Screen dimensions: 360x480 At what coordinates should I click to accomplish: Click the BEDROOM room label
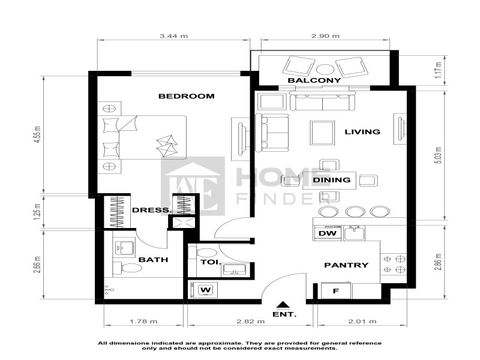pos(186,96)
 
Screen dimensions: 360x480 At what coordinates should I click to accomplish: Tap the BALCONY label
pos(314,80)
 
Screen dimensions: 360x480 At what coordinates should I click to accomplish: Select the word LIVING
pos(362,132)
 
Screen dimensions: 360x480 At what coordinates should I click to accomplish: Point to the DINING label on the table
pos(332,179)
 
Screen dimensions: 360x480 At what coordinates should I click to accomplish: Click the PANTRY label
pos(346,265)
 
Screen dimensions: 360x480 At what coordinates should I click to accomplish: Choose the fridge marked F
pos(335,291)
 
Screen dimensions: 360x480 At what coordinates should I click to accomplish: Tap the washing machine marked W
pos(206,290)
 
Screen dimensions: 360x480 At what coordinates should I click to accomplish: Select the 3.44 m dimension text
pos(174,36)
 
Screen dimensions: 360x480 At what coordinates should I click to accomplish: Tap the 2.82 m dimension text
pos(250,322)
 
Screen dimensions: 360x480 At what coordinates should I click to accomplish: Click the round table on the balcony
pos(324,68)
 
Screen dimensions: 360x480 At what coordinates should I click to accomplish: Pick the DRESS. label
pos(152,211)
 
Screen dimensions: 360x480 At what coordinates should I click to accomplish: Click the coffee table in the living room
pos(322,131)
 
